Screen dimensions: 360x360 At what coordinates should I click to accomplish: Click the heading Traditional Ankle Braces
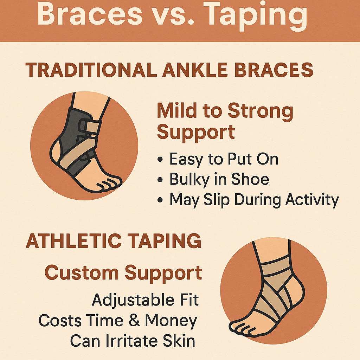point(169,70)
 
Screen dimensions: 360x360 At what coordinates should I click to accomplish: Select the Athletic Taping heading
point(114,241)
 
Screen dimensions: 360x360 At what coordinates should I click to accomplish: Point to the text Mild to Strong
point(225,111)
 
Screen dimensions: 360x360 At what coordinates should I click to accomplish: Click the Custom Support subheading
point(123,272)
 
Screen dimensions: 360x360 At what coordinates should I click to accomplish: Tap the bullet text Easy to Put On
point(224,159)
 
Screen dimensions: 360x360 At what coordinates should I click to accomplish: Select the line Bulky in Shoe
point(219,179)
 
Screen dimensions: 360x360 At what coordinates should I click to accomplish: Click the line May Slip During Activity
point(254,200)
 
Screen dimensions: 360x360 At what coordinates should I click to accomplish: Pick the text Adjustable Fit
point(145,300)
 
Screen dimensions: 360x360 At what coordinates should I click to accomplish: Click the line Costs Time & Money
point(117,320)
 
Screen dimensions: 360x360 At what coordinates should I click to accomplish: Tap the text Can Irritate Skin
point(133,340)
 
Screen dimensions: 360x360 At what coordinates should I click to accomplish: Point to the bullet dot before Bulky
point(160,180)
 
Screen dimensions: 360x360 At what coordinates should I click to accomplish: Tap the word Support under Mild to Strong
point(196,133)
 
